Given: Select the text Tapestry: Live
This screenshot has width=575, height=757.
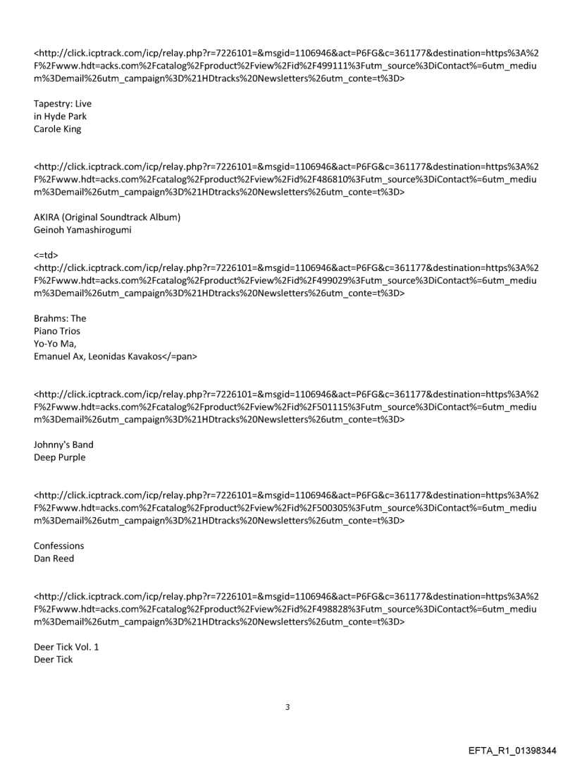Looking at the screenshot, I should [63, 104].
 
